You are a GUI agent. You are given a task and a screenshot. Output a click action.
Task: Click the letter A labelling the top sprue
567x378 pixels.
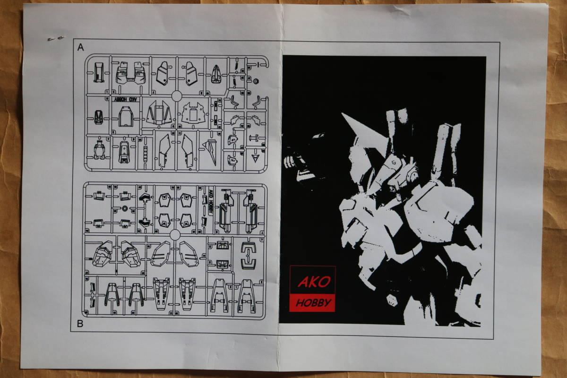click(x=80, y=47)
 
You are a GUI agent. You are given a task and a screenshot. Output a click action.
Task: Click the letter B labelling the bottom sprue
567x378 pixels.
click(x=80, y=324)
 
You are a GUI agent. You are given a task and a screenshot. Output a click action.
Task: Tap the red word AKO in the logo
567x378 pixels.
click(x=314, y=282)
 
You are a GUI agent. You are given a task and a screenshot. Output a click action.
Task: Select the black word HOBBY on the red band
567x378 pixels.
click(x=313, y=302)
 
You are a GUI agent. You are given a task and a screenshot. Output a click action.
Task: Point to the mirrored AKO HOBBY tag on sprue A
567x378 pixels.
click(x=125, y=99)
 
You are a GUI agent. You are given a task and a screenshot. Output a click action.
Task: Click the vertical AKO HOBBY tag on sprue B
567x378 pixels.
click(x=210, y=202)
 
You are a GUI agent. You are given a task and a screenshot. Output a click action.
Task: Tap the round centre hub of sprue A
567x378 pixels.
click(x=177, y=96)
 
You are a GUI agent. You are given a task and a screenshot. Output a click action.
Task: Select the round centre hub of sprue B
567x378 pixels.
click(x=175, y=235)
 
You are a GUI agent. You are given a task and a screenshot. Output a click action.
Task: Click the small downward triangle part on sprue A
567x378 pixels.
click(x=255, y=158)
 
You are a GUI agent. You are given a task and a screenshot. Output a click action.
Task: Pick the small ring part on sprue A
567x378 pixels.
click(x=256, y=81)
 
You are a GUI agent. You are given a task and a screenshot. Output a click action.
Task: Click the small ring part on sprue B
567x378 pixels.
click(x=125, y=209)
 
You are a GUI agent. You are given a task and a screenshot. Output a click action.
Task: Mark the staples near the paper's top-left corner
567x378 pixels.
click(x=56, y=38)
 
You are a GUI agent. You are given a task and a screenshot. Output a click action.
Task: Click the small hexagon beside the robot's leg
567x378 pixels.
click(x=392, y=300)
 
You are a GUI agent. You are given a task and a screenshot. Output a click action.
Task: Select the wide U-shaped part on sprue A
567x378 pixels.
click(x=130, y=73)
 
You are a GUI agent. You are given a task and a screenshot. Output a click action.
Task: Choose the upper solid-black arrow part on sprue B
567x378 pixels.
click(x=145, y=198)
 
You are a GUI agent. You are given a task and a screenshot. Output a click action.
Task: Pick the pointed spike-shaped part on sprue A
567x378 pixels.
click(x=211, y=151)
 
